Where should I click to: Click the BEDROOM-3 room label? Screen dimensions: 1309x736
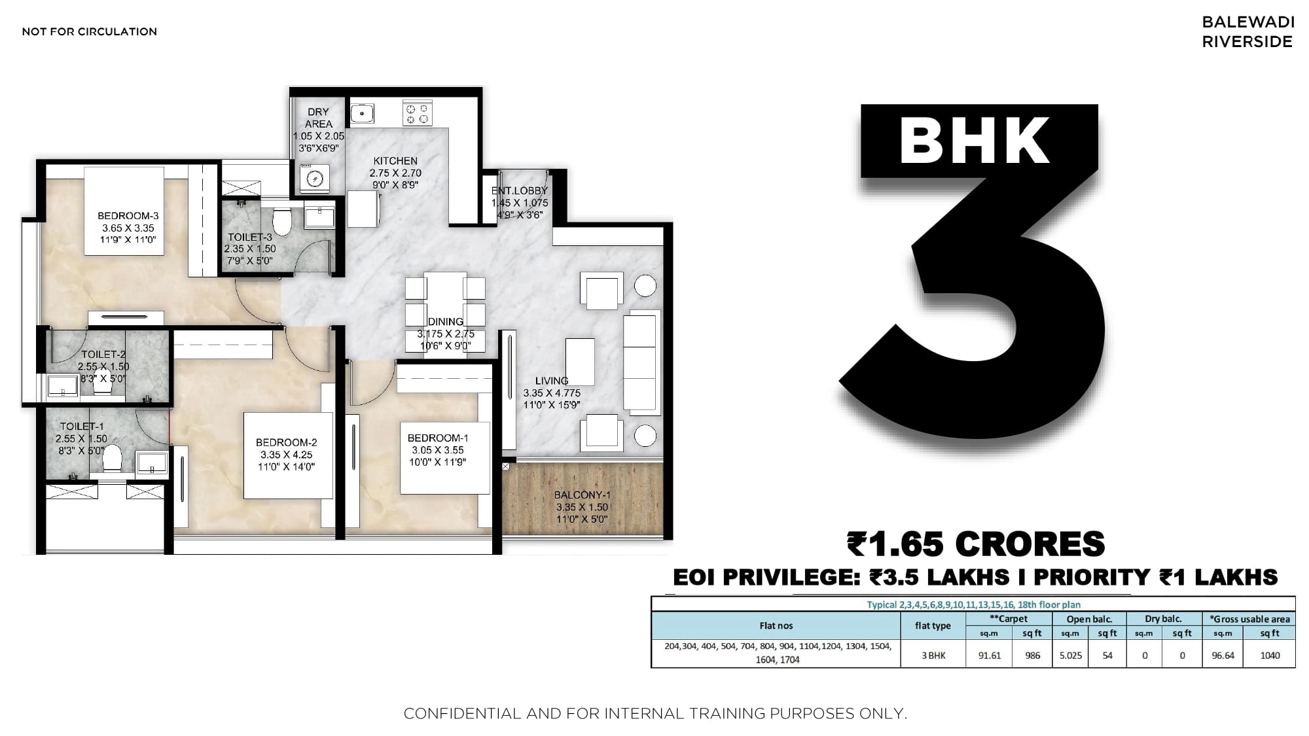tap(128, 216)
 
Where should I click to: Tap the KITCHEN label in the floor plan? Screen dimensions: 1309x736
tap(395, 161)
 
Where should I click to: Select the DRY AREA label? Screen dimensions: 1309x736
tap(319, 118)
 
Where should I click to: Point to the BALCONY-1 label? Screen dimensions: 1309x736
tap(582, 495)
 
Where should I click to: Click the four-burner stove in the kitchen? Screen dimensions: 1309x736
tap(417, 113)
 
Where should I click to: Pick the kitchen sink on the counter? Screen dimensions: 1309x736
tap(362, 113)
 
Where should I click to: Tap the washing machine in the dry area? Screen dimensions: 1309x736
tap(314, 178)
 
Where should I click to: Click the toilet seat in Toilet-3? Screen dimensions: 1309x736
tap(282, 221)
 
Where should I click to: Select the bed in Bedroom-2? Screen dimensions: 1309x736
tap(287, 455)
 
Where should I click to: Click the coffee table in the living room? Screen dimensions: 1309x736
tap(580, 362)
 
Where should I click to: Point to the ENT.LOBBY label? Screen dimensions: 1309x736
tap(520, 191)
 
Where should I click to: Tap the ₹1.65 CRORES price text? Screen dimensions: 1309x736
tap(976, 544)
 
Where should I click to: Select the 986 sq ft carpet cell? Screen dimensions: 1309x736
tap(1033, 655)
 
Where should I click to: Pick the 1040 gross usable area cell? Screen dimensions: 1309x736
tap(1270, 655)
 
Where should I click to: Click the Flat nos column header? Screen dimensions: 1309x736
tap(776, 625)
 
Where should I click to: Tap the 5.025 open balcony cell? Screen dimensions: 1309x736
tap(1071, 655)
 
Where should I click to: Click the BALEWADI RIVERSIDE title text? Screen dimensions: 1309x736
tap(1248, 31)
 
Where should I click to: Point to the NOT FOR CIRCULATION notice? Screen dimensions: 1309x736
tap(90, 31)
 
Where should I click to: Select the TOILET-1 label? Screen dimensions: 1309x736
tap(82, 427)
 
